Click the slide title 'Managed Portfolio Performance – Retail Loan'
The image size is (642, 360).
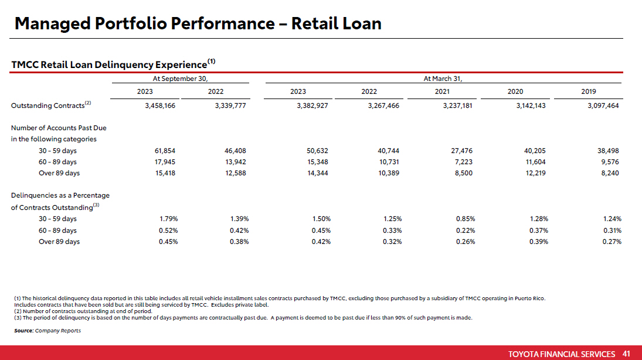198,24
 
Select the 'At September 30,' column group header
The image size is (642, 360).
180,79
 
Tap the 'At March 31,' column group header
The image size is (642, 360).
443,79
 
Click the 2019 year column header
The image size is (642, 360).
589,91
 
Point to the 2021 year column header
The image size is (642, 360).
442,91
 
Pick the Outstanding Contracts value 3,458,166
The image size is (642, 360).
160,106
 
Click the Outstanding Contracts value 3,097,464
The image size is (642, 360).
603,106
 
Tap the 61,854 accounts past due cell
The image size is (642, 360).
165,151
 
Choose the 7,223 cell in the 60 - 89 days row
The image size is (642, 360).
464,162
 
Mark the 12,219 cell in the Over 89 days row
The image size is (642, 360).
535,173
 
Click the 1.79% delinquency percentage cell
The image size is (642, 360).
168,219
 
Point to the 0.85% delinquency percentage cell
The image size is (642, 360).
466,219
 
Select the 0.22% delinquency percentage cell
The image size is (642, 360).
466,230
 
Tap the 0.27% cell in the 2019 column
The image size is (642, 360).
612,242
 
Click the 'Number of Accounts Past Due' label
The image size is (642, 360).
59,128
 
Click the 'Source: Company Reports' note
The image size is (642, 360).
47,331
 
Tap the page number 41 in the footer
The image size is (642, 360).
626,354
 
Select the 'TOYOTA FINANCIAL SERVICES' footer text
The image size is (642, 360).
562,354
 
